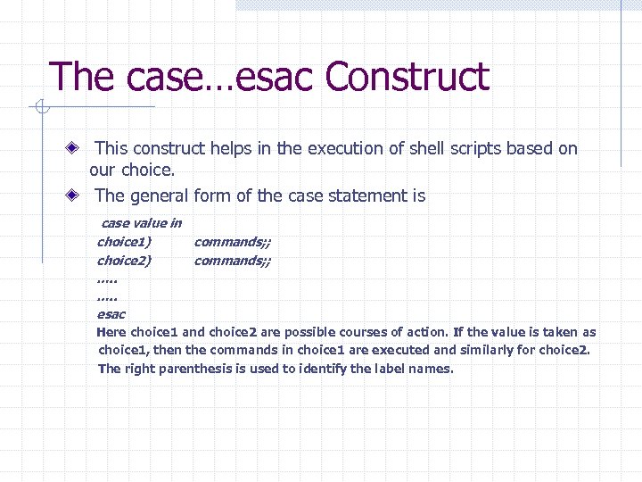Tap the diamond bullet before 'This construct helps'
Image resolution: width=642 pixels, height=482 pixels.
pyautogui.click(x=78, y=148)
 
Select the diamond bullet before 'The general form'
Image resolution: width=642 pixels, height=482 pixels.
pyautogui.click(x=78, y=195)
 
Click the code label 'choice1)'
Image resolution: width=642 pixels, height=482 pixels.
pyautogui.click(x=124, y=242)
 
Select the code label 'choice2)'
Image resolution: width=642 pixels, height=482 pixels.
pyautogui.click(x=124, y=261)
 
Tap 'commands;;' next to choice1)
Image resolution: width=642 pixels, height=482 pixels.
pyautogui.click(x=233, y=242)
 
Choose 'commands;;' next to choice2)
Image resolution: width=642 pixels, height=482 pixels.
pyautogui.click(x=233, y=261)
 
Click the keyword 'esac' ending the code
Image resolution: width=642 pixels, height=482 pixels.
pyautogui.click(x=111, y=314)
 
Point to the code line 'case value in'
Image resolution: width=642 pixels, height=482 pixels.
pyautogui.click(x=142, y=223)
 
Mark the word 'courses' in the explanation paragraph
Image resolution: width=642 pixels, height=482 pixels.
pyautogui.click(x=347, y=332)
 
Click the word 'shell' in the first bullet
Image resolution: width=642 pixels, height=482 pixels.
pyautogui.click(x=427, y=148)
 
